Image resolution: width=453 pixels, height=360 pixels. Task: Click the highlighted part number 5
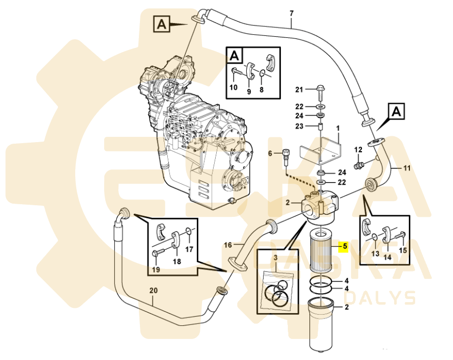point(345,245)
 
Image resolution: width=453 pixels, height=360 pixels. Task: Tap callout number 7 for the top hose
point(291,13)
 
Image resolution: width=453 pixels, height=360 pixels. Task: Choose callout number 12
point(358,150)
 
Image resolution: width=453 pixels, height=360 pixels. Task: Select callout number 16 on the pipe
point(228,245)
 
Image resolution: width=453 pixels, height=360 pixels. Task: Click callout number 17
point(189,249)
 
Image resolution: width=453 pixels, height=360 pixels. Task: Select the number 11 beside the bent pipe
point(406,168)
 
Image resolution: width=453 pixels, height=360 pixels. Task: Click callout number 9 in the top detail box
point(249,92)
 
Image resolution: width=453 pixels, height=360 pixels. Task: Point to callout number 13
point(375,253)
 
